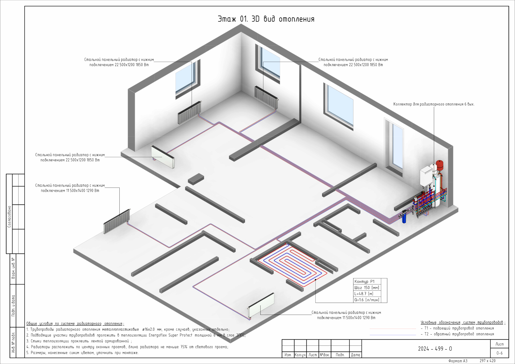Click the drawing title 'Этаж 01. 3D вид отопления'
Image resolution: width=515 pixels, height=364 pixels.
click(266, 19)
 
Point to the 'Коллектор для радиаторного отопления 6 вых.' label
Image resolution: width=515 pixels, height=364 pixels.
click(434, 104)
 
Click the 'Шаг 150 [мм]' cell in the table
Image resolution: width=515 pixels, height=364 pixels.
click(367, 288)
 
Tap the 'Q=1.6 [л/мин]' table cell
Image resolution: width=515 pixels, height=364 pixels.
click(367, 300)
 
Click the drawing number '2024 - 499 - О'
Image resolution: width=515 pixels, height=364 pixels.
click(435, 349)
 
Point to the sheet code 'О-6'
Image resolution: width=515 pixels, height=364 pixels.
click(499, 353)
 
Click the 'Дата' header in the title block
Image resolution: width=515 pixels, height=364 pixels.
click(356, 355)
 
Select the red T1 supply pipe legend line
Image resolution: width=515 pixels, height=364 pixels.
click(393, 329)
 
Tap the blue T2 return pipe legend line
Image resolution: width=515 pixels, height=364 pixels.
click(393, 335)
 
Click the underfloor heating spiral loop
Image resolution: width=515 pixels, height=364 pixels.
click(293, 265)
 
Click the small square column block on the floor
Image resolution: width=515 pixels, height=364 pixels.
click(196, 179)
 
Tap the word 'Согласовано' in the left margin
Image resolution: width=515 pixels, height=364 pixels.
click(9, 217)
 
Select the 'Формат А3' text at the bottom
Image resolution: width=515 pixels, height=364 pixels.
click(458, 361)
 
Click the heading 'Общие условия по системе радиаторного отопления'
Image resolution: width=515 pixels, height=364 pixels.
click(75, 323)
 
